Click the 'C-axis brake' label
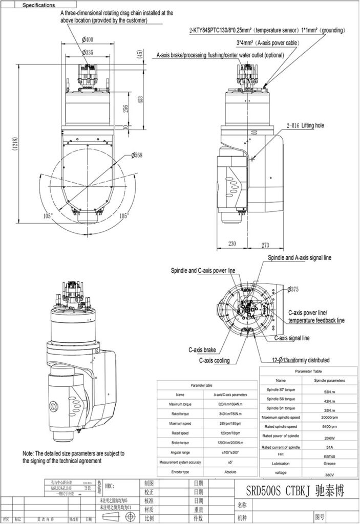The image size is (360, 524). click(202, 351)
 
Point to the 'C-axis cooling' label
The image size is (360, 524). click(214, 360)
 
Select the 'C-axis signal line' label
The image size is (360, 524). click(292, 338)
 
